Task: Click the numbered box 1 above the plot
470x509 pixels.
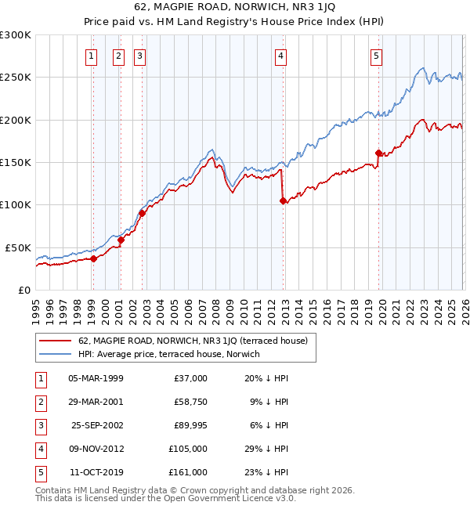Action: click(x=92, y=56)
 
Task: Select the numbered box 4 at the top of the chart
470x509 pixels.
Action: click(x=280, y=56)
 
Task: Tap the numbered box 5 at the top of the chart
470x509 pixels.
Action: click(x=376, y=56)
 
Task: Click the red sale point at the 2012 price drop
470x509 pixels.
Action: click(x=284, y=201)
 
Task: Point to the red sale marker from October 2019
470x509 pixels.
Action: click(x=378, y=153)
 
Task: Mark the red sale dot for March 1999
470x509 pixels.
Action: click(x=93, y=258)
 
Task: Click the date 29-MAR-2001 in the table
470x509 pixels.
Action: click(x=96, y=403)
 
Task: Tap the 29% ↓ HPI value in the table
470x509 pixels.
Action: click(x=266, y=449)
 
